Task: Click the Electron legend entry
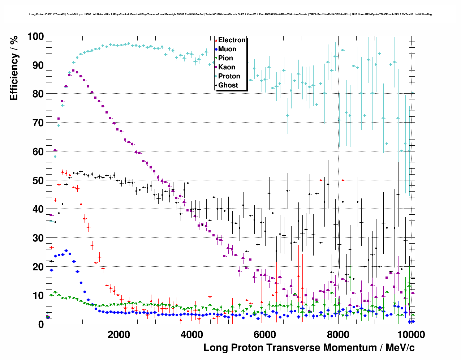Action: pyautogui.click(x=232, y=40)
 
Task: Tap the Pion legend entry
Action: pyautogui.click(x=225, y=58)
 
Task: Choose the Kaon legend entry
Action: pyautogui.click(x=227, y=67)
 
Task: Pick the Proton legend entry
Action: pyautogui.click(x=229, y=76)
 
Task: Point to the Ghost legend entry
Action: pyautogui.click(x=228, y=85)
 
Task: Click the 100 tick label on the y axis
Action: pyautogui.click(x=35, y=37)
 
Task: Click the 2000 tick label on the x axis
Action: pyautogui.click(x=119, y=334)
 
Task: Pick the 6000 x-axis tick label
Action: pyautogui.click(x=264, y=334)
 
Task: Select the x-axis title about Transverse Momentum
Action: pyautogui.click(x=309, y=348)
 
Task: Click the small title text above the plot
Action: pyautogui.click(x=230, y=14)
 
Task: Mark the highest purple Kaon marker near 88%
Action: pyautogui.click(x=73, y=70)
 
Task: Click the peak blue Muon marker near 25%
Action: pyautogui.click(x=66, y=250)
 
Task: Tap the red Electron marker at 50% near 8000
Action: pyautogui.click(x=343, y=180)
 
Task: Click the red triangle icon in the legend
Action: pyautogui.click(x=216, y=40)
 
